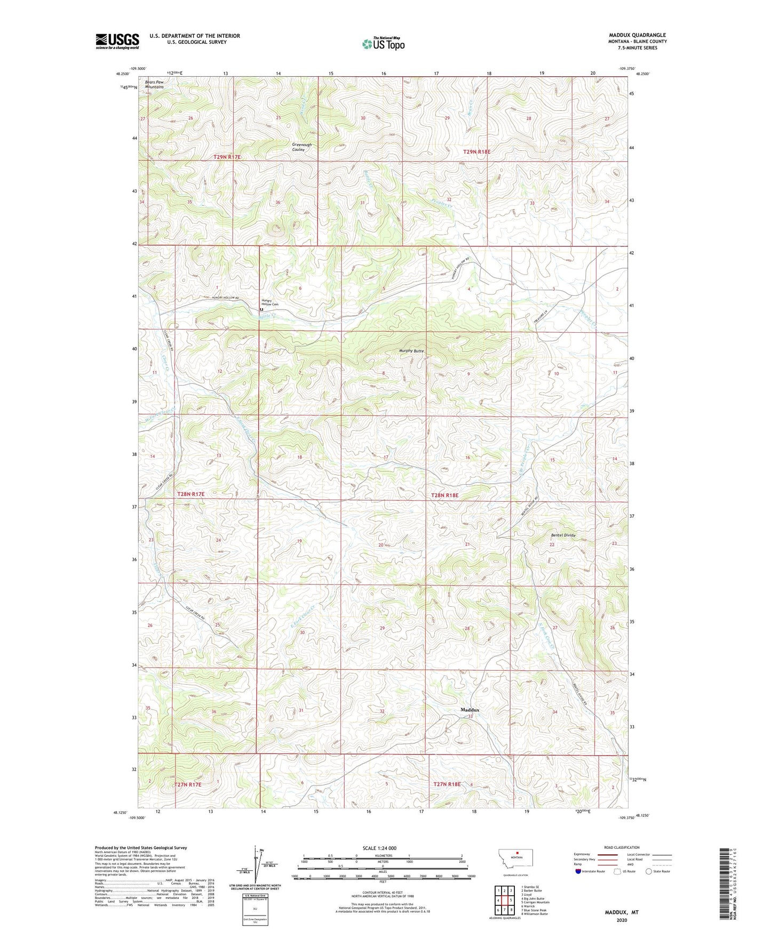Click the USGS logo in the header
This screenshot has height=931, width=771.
117,41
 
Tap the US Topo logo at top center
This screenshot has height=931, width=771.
383,44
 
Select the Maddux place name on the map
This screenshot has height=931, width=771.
470,710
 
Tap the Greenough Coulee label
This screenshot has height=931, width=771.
301,147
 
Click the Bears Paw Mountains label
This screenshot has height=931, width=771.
150,84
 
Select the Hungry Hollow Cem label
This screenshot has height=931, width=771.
269,302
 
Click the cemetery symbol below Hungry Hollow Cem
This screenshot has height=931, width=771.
261,309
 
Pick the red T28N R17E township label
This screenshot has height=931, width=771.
190,494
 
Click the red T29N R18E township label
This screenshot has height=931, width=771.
476,152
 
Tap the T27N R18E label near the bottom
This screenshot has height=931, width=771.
447,784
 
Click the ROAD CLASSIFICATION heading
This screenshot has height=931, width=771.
622,847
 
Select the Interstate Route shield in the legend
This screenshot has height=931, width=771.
578,871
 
